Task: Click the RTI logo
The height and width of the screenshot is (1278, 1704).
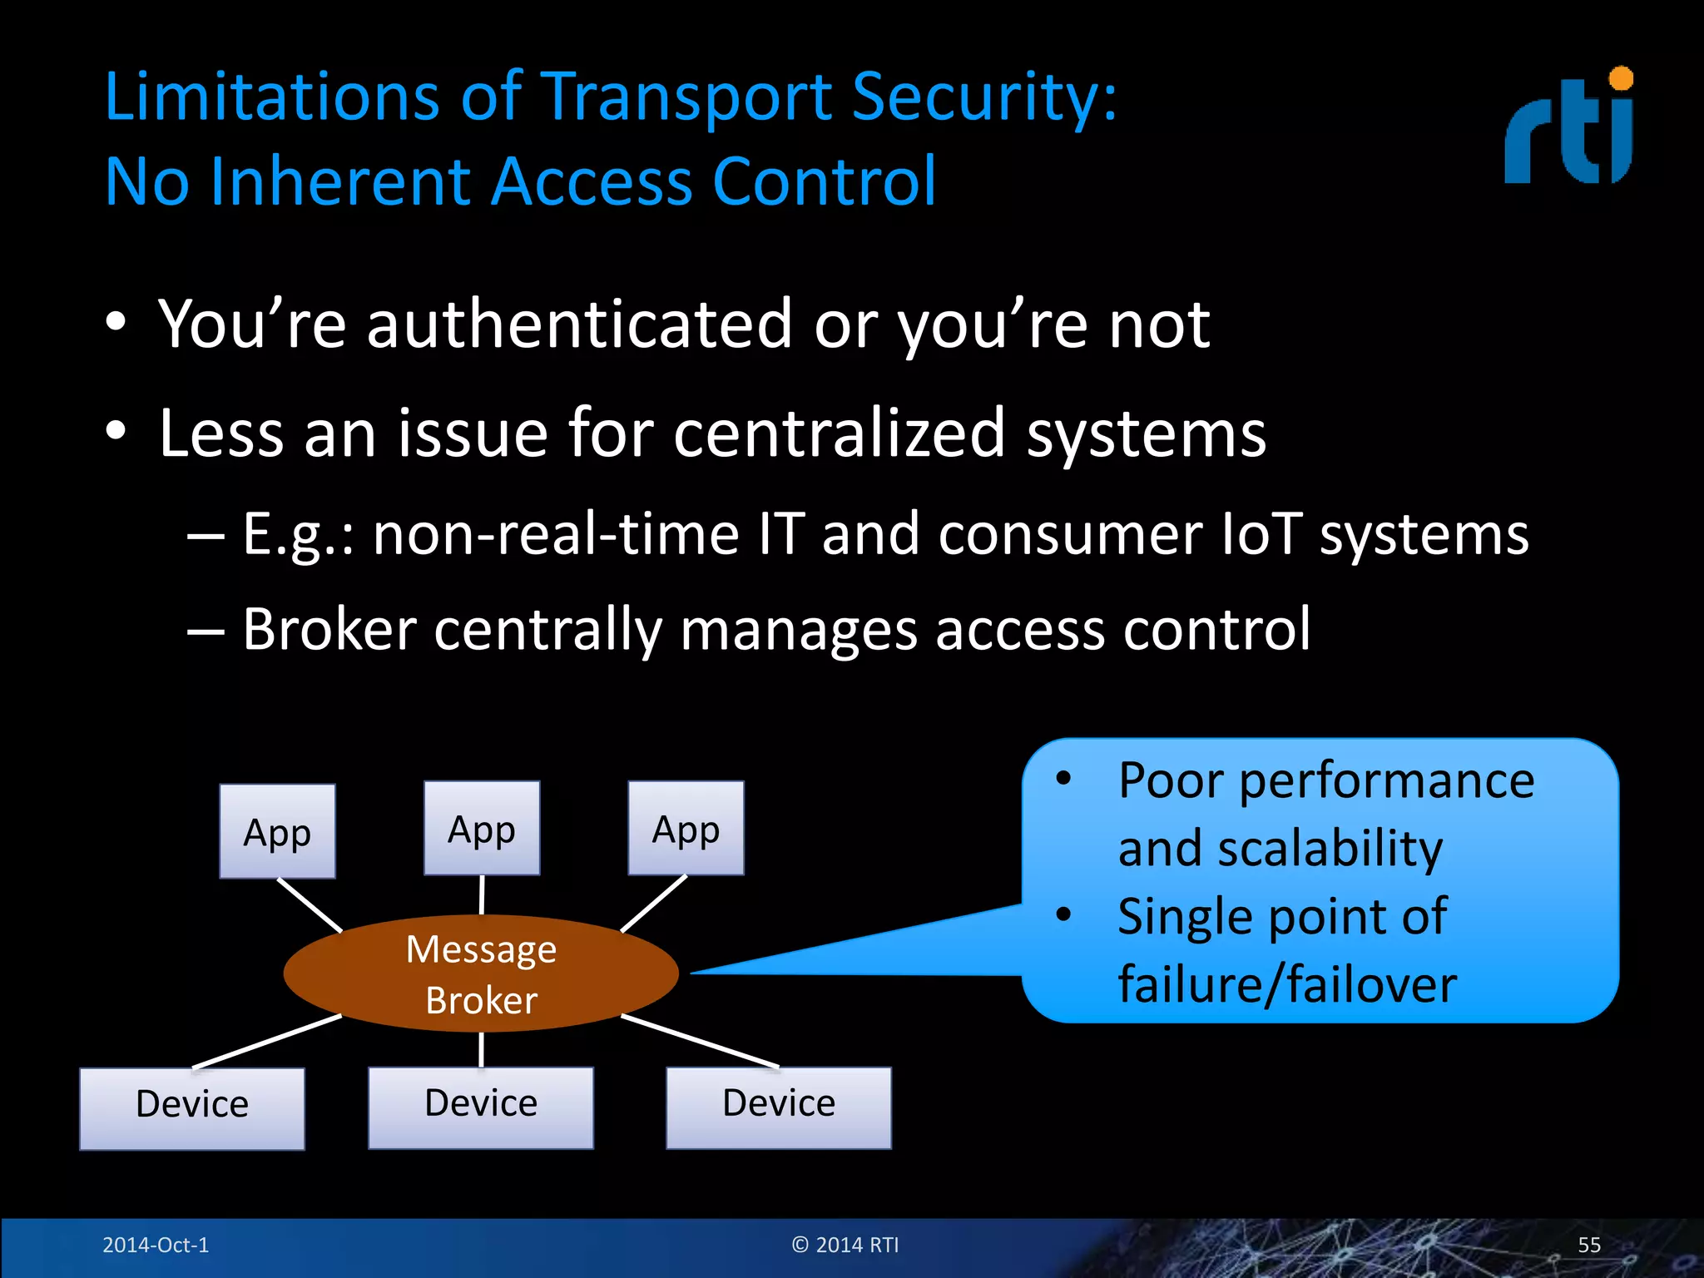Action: click(x=1568, y=129)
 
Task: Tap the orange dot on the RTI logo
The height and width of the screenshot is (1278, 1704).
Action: click(x=1621, y=79)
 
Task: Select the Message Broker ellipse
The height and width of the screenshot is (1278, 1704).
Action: click(x=481, y=973)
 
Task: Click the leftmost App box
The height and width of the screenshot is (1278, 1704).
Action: click(x=277, y=831)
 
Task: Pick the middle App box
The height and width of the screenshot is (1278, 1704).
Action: click(x=482, y=828)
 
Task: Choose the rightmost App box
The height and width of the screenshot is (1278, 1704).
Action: click(x=686, y=828)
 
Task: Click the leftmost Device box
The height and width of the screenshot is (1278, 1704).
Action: click(x=192, y=1108)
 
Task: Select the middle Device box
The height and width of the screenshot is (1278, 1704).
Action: click(x=481, y=1107)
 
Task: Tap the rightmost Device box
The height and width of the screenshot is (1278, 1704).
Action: click(x=779, y=1107)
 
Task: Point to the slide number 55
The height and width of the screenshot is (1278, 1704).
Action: click(x=1589, y=1245)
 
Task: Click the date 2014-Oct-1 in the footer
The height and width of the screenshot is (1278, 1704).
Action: click(x=156, y=1245)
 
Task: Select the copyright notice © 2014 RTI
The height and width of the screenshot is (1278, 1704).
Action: click(x=845, y=1245)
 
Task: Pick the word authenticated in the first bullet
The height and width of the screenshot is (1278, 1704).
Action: click(x=580, y=324)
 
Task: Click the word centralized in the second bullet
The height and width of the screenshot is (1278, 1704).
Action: click(x=839, y=433)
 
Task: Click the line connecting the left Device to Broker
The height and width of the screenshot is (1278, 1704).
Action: click(x=266, y=1042)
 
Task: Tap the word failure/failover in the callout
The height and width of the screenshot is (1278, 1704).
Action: click(x=1287, y=984)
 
